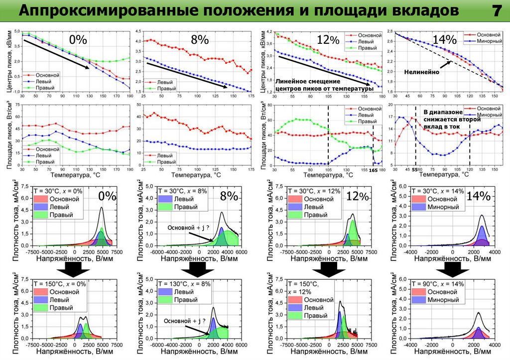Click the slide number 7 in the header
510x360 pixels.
pyautogui.click(x=496, y=11)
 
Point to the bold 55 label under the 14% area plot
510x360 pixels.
pyautogui.click(x=414, y=170)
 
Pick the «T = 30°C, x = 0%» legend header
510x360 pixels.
pyautogui.click(x=57, y=191)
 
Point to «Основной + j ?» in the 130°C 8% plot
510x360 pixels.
pyautogui.click(x=185, y=321)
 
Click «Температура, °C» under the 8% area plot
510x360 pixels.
pyautogui.click(x=197, y=175)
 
